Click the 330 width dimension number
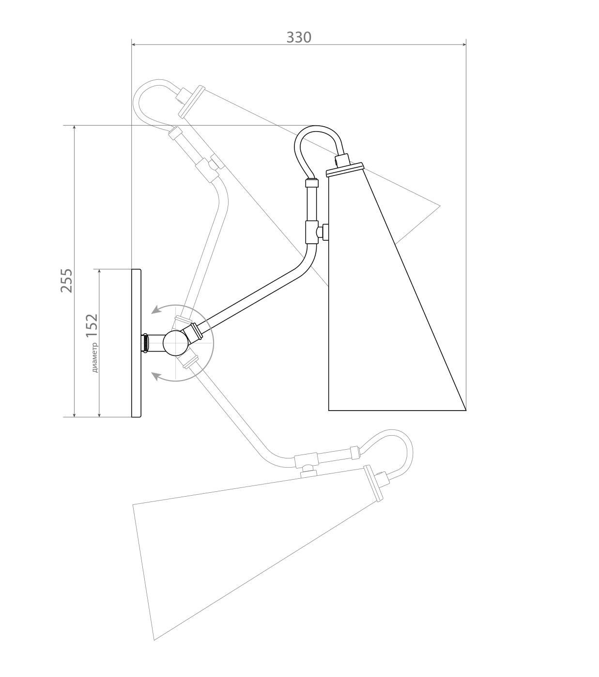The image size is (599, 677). (x=299, y=37)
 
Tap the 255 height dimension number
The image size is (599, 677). (x=66, y=280)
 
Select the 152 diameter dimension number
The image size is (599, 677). (x=92, y=325)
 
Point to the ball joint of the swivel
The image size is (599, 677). (x=176, y=343)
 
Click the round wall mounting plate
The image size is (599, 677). (x=136, y=343)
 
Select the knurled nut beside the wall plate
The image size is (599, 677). (x=146, y=343)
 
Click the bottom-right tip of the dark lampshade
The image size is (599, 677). (x=466, y=410)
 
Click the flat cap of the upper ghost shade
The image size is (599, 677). (x=192, y=102)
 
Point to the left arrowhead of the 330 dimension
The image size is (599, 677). (x=134, y=44)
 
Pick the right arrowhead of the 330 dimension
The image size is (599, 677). (x=464, y=44)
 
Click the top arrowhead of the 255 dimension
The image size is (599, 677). (x=74, y=128)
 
